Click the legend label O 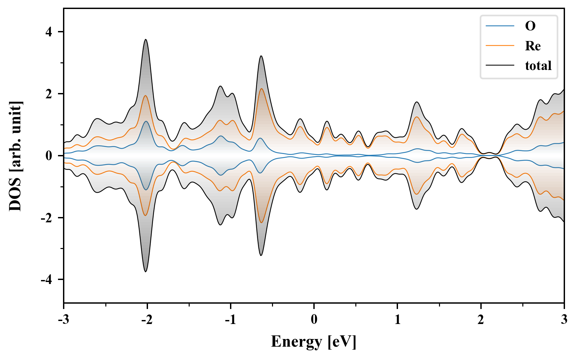pyautogui.click(x=530, y=26)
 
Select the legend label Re pyautogui.click(x=533, y=46)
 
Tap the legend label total pyautogui.click(x=538, y=66)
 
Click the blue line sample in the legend pyautogui.click(x=500, y=26)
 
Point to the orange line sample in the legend pyautogui.click(x=500, y=46)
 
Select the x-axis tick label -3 pyautogui.click(x=63, y=319)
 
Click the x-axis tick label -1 pyautogui.click(x=230, y=319)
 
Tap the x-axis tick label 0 pyautogui.click(x=314, y=319)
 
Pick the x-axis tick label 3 pyautogui.click(x=564, y=319)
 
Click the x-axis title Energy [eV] pyautogui.click(x=314, y=342)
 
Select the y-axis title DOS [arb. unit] pyautogui.click(x=15, y=156)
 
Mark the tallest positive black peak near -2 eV pyautogui.click(x=146, y=40)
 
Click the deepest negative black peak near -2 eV pyautogui.click(x=146, y=271)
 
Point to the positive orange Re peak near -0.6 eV pyautogui.click(x=261, y=89)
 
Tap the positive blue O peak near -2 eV pyautogui.click(x=146, y=122)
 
